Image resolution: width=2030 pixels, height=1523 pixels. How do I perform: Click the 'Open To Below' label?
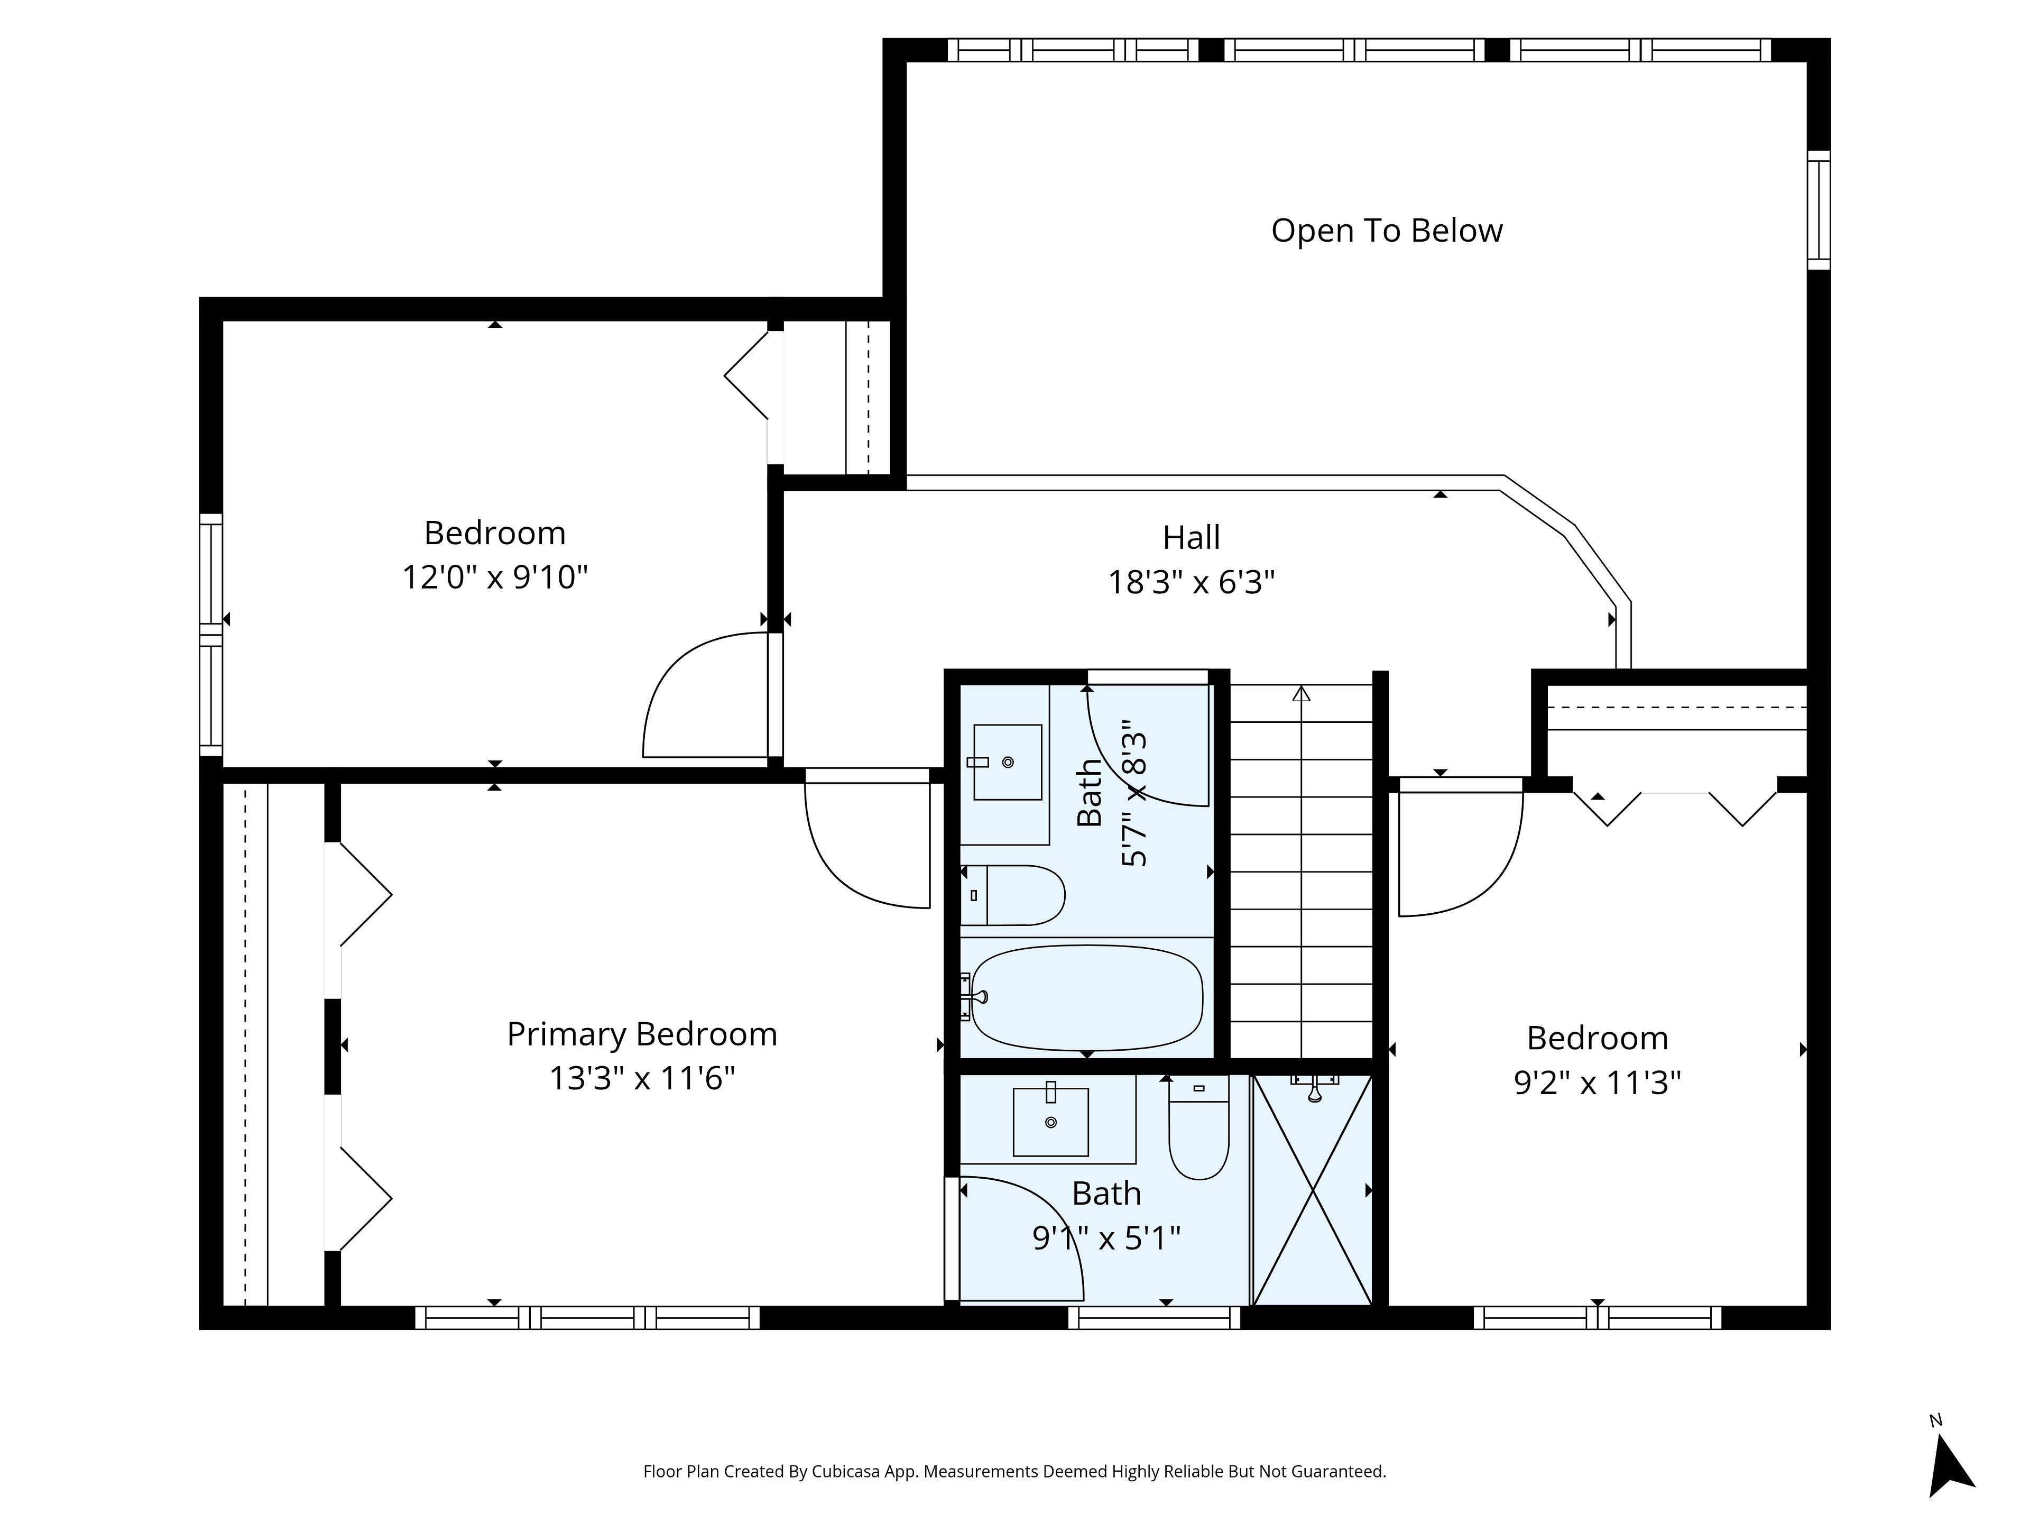click(x=1387, y=231)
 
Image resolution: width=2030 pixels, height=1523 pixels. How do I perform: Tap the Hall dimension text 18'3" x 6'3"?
click(x=1191, y=582)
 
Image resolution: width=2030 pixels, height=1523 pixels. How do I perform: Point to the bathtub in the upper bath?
click(x=1086, y=998)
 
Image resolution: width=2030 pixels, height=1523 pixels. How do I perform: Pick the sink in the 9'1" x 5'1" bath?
click(x=1051, y=1122)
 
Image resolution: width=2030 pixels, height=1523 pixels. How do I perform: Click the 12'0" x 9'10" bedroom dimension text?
click(x=495, y=577)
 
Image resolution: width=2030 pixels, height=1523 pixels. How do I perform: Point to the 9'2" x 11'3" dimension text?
click(x=1597, y=1083)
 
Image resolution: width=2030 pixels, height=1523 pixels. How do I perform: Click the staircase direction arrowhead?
click(x=1302, y=693)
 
